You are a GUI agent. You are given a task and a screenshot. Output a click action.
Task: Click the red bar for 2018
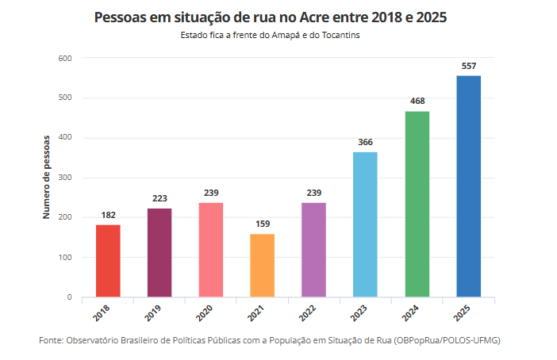pyautogui.click(x=108, y=261)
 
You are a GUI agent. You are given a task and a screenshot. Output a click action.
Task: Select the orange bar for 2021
pyautogui.click(x=263, y=266)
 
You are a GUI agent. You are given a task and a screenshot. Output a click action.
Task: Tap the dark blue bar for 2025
pyautogui.click(x=468, y=186)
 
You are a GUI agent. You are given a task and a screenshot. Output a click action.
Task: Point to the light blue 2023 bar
pyautogui.click(x=365, y=224)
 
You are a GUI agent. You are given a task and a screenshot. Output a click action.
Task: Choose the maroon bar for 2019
pyautogui.click(x=159, y=253)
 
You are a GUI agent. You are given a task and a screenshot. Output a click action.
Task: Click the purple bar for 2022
pyautogui.click(x=313, y=250)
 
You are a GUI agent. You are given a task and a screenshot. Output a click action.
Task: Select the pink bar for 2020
pyautogui.click(x=211, y=250)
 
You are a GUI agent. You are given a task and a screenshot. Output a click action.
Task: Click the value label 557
pyautogui.click(x=468, y=66)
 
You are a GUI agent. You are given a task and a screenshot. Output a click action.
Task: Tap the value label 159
pyautogui.click(x=263, y=224)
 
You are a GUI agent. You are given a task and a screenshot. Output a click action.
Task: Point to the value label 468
pyautogui.click(x=417, y=101)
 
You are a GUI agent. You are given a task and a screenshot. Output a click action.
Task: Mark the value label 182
pyautogui.click(x=108, y=215)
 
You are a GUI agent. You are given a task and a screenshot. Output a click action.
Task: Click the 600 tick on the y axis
pyautogui.click(x=65, y=58)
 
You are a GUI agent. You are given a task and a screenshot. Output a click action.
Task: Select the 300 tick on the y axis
pyautogui.click(x=65, y=178)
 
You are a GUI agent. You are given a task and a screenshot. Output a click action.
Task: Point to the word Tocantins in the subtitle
pyautogui.click(x=348, y=36)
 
